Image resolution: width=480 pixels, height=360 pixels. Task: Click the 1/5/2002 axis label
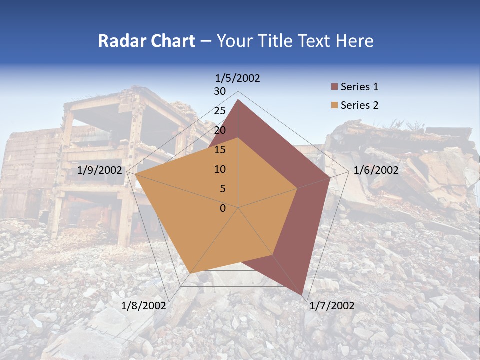pyautogui.click(x=238, y=78)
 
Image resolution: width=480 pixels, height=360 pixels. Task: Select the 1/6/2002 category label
pyautogui.click(x=376, y=170)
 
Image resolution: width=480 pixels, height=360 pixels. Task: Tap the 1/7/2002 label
pyautogui.click(x=332, y=306)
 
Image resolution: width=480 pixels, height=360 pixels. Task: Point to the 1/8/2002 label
pyautogui.click(x=144, y=306)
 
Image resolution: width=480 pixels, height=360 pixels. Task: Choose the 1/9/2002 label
pyautogui.click(x=100, y=170)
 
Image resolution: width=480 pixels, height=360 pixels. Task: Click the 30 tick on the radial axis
pyautogui.click(x=220, y=91)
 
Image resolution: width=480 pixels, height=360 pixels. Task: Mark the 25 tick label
pyautogui.click(x=220, y=111)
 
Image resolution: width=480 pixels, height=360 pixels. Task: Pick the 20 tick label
pyautogui.click(x=220, y=130)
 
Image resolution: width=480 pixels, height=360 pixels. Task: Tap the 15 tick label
pyautogui.click(x=220, y=150)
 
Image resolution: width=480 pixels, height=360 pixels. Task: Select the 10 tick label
pyautogui.click(x=220, y=169)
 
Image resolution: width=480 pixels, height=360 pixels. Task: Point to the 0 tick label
pyautogui.click(x=223, y=208)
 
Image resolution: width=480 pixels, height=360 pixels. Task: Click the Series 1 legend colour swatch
pyautogui.click(x=334, y=87)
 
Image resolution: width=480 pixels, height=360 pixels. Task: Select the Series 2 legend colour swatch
pyautogui.click(x=334, y=105)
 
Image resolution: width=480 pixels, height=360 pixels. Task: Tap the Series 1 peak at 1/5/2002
pyautogui.click(x=238, y=100)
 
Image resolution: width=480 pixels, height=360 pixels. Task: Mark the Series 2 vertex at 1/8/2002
pyautogui.click(x=190, y=273)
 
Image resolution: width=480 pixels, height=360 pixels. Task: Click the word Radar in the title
pyautogui.click(x=121, y=41)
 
